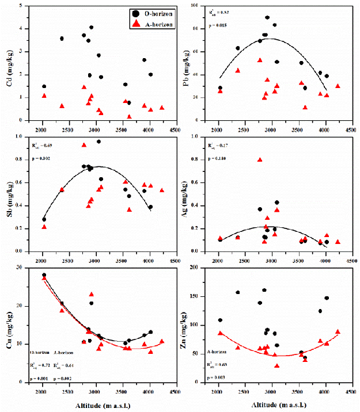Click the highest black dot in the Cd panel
92,27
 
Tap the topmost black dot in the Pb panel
267,18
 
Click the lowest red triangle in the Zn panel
277,366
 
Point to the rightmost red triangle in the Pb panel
338,86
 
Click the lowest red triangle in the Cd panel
129,117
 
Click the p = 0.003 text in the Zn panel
217,377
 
